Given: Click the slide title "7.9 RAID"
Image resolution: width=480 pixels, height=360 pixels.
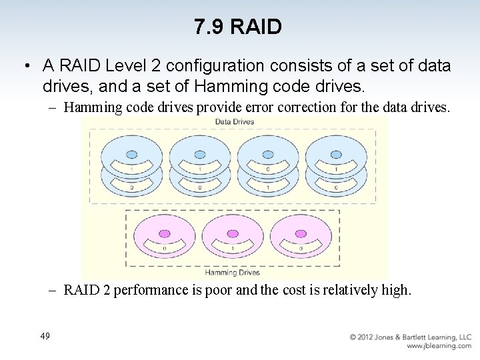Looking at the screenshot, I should pos(239,27).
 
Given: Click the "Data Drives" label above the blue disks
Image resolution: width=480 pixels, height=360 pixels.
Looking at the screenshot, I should pos(234,122).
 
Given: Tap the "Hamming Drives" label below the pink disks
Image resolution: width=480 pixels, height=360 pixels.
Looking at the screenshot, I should pos(232,273).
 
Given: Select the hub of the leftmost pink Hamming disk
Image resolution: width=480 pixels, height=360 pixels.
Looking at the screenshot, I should pos(164,234).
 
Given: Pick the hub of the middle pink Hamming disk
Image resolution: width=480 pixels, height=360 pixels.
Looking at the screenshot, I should pos(233,234).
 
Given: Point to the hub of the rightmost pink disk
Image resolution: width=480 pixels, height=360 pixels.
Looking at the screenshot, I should pos(301,234).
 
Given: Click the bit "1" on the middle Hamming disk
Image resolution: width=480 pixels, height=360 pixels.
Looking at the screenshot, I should pos(233,249).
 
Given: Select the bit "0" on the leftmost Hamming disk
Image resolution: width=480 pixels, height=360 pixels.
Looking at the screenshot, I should pos(164,249).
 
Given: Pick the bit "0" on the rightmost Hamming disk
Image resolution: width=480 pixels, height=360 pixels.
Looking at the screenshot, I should pos(301,249).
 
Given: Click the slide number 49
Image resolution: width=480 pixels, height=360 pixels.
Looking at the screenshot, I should pos(45,337).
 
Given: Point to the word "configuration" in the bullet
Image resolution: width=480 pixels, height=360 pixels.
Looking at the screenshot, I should pos(213,66).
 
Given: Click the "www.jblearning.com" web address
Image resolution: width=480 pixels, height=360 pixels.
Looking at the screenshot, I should pos(439,346).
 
